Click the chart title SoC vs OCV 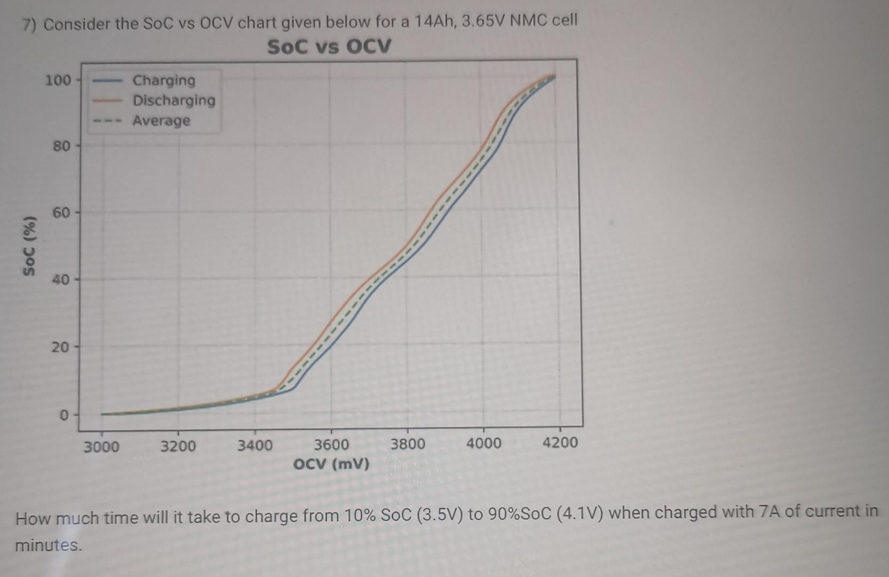(329, 46)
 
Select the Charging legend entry (163, 80)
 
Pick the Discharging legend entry (174, 100)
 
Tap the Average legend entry (161, 121)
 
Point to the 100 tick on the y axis (58, 81)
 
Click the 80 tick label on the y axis (61, 146)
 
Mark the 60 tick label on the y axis (61, 213)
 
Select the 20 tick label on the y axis (60, 347)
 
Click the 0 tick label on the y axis (64, 415)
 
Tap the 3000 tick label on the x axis (102, 446)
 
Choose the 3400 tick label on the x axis (255, 445)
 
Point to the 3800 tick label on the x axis (408, 444)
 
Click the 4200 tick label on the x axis (560, 442)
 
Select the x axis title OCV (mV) (331, 463)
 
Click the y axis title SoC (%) (30, 246)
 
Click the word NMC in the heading (528, 21)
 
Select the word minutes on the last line (49, 545)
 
